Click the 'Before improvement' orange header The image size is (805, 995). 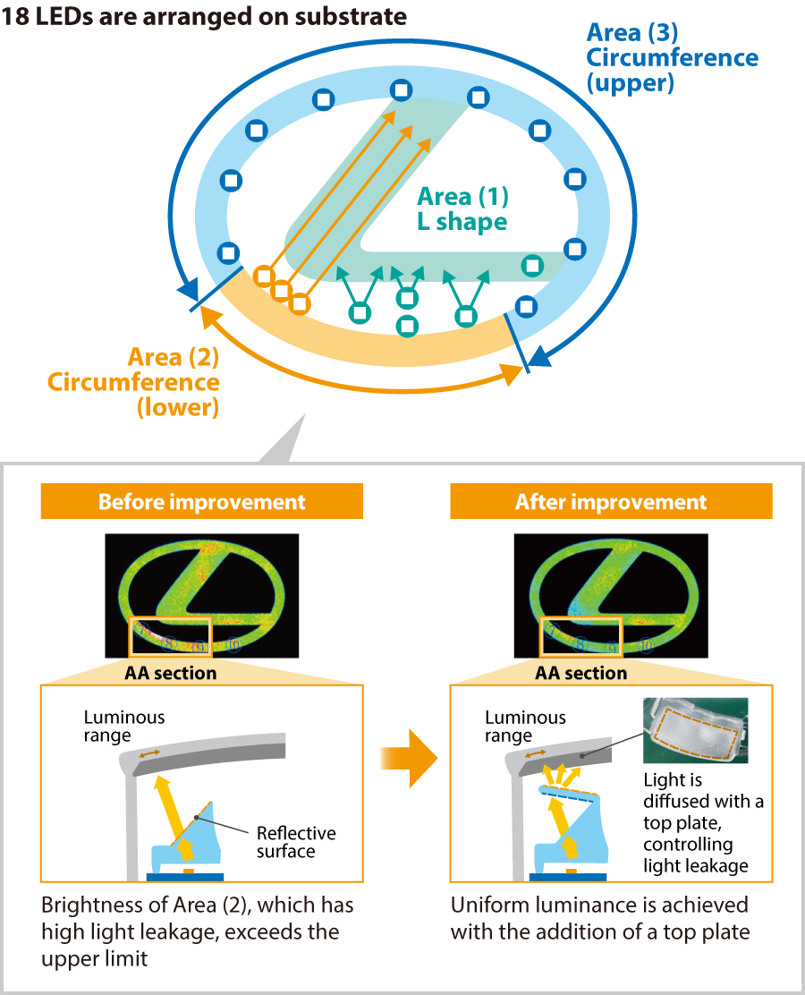201,501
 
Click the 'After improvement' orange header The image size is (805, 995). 611,501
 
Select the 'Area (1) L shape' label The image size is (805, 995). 462,208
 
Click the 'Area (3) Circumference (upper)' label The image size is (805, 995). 671,58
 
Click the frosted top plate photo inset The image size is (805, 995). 695,729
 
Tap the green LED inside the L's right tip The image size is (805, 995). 532,265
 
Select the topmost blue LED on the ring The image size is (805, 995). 401,89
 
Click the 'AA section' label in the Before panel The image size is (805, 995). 170,672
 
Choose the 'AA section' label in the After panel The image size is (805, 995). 580,672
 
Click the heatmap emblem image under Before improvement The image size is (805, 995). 202,595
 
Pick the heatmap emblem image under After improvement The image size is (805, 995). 611,595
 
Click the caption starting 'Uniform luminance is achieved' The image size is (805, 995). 599,919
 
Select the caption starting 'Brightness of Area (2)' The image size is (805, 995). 197,931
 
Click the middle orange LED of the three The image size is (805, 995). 282,291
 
